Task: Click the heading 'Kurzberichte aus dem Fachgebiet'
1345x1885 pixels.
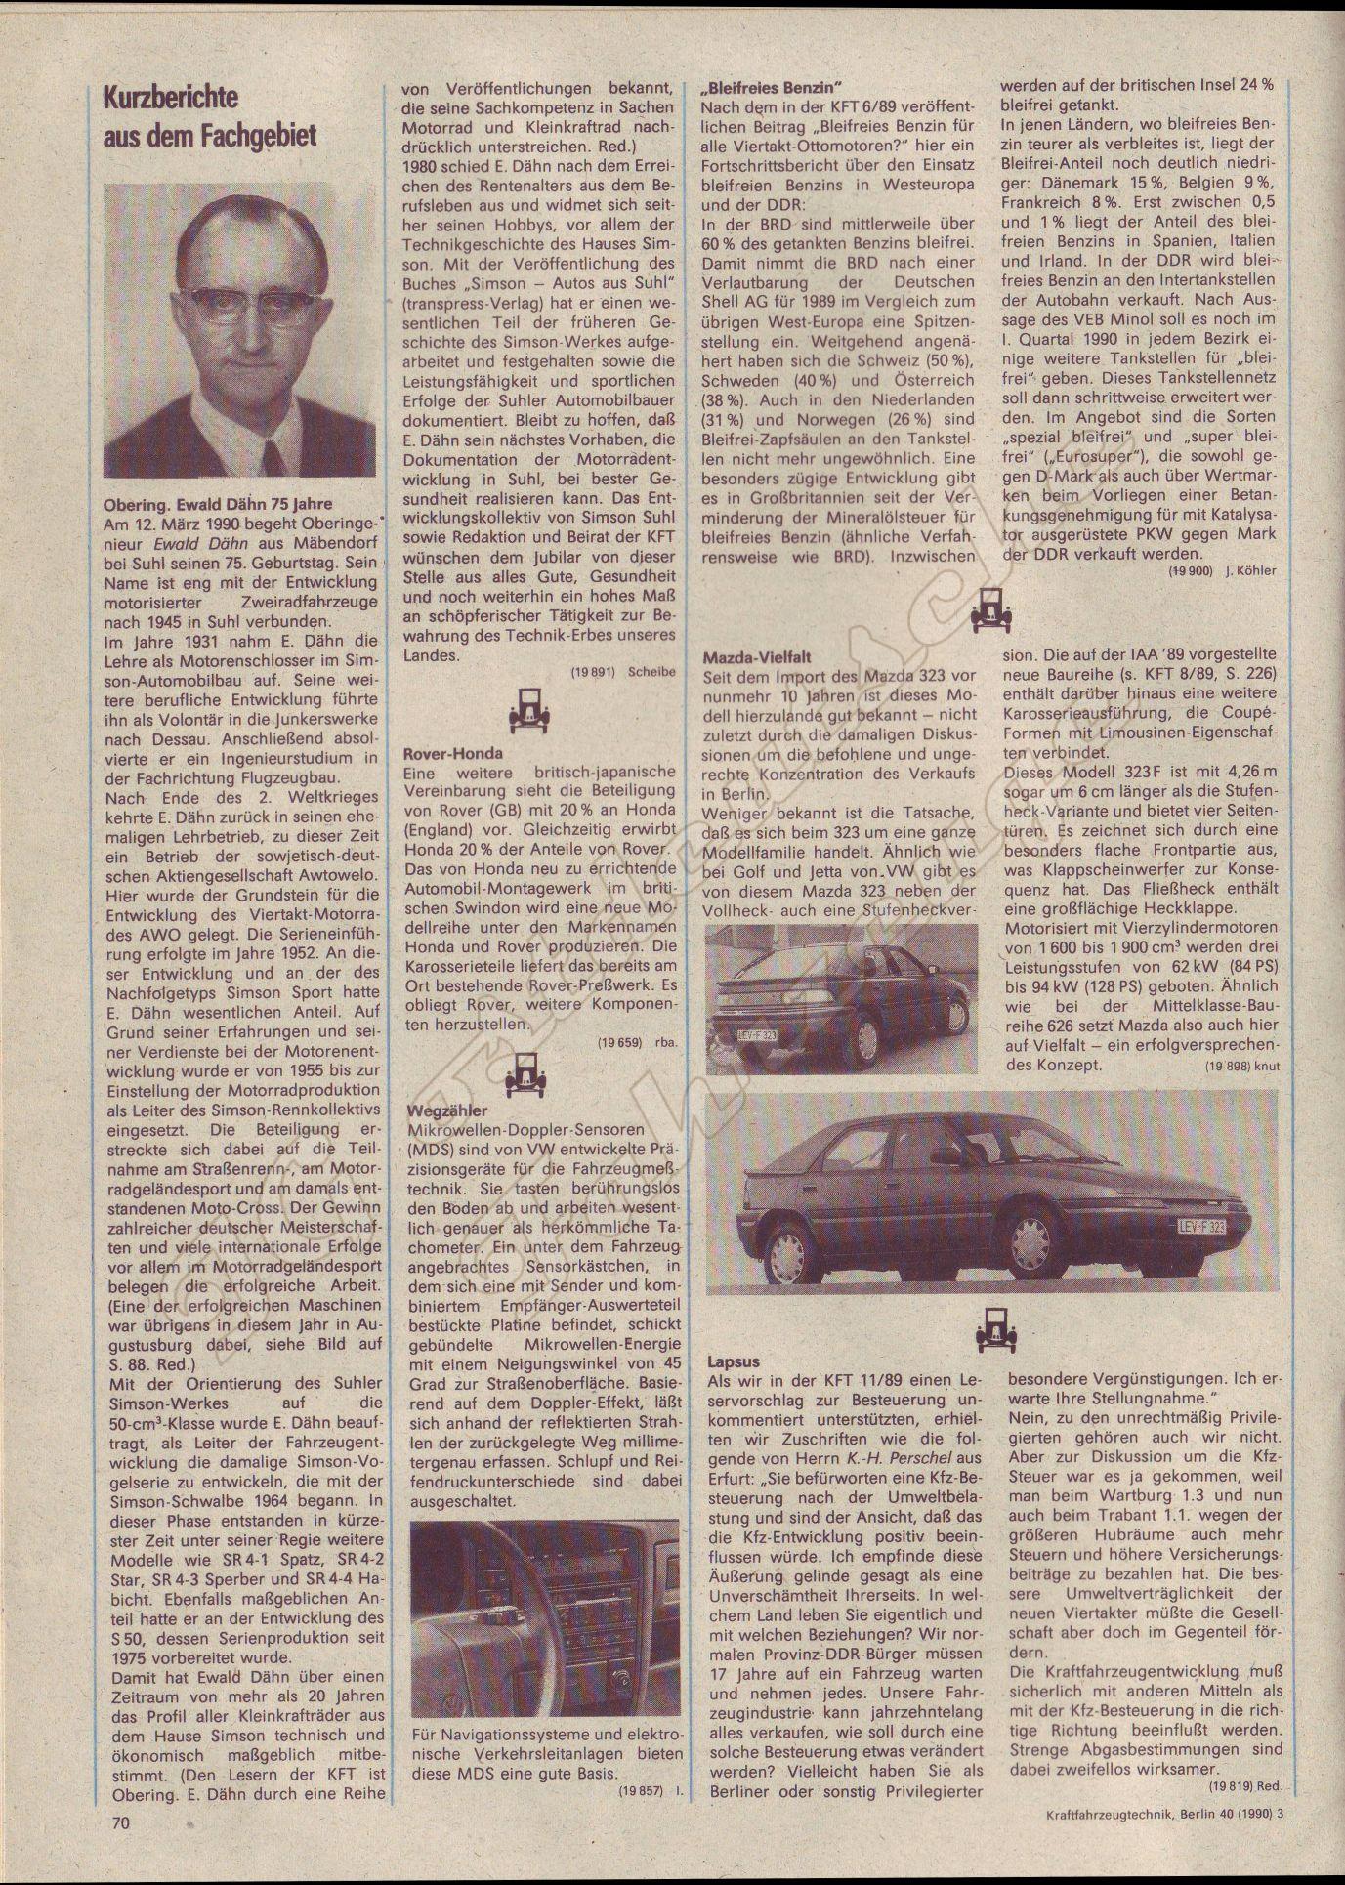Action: pyautogui.click(x=210, y=116)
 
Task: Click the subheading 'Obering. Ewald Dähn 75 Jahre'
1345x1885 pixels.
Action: pyautogui.click(x=217, y=504)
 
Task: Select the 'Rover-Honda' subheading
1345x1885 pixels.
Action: pyautogui.click(x=452, y=753)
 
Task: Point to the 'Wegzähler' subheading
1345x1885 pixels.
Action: pyautogui.click(x=444, y=1110)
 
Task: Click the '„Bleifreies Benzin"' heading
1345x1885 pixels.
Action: pyautogui.click(x=771, y=87)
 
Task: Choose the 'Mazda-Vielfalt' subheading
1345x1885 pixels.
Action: pyautogui.click(x=757, y=658)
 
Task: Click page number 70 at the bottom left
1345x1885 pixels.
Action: pyautogui.click(x=120, y=1822)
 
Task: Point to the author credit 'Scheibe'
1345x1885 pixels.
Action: pyautogui.click(x=652, y=672)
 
